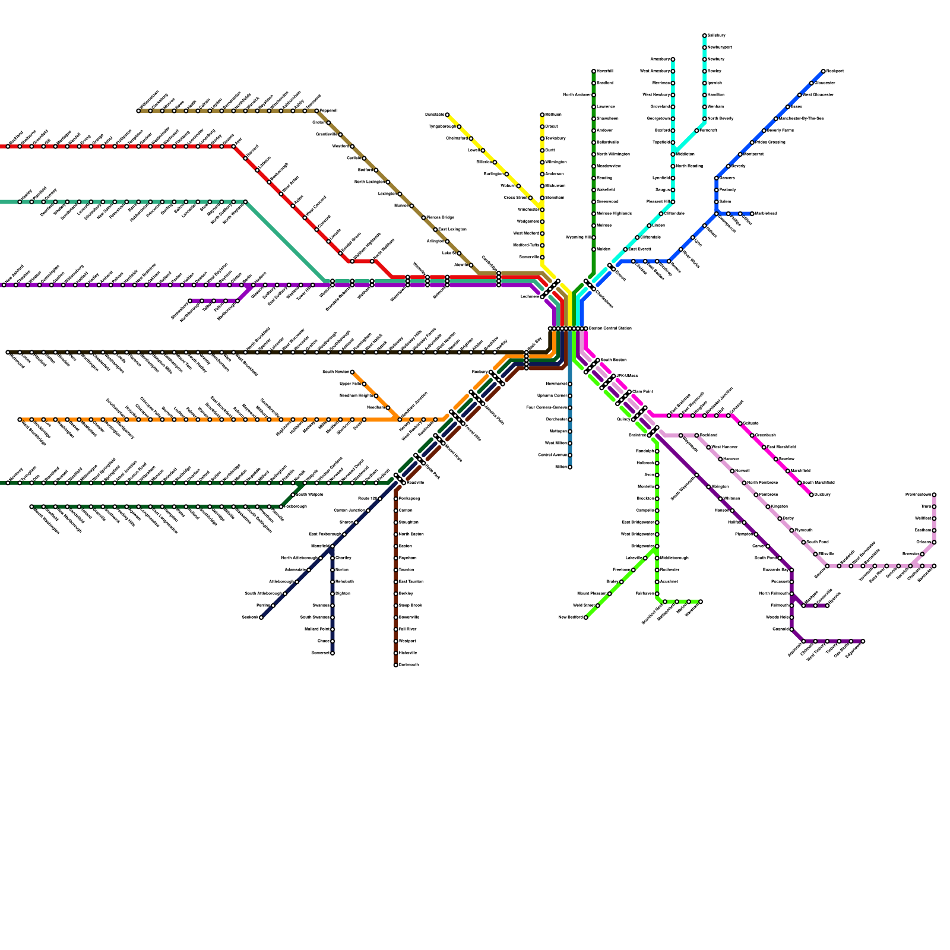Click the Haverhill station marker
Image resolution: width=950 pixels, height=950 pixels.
(594, 71)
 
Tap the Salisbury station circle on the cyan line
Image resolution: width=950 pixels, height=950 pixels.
(705, 36)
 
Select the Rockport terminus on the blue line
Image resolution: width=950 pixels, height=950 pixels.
(824, 71)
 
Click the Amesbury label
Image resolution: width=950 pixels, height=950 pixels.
(660, 59)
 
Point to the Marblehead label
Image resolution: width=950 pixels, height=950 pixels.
(764, 214)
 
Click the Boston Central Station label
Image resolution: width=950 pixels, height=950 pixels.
(610, 328)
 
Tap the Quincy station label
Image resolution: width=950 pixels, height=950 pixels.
(623, 419)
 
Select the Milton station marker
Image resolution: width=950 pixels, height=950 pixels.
(570, 467)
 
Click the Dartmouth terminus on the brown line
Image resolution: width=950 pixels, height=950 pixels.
(396, 665)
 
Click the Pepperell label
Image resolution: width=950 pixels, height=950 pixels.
(329, 111)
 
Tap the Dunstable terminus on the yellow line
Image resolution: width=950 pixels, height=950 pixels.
(447, 115)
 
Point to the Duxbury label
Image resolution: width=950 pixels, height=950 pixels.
(822, 495)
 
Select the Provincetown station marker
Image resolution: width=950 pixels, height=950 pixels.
(934, 495)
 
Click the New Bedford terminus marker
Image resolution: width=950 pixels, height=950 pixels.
(586, 617)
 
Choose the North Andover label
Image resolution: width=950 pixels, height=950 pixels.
(577, 95)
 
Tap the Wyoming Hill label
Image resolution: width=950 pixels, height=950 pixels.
(578, 237)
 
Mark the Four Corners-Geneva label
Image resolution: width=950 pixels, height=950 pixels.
(547, 408)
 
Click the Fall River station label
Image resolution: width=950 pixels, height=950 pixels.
(408, 629)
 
